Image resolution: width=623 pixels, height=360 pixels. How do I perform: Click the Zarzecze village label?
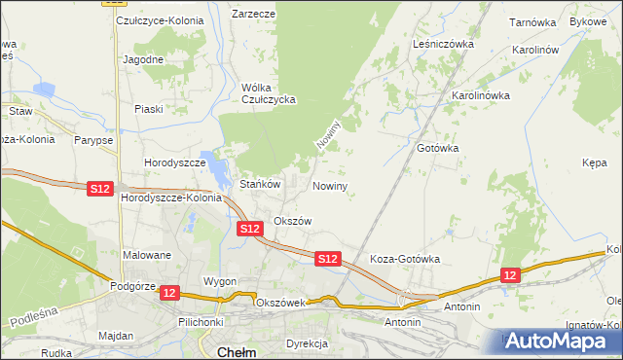pos(253,15)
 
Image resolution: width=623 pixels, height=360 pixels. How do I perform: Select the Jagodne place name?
pos(142,58)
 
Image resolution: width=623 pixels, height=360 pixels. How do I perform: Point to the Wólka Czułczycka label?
pos(269,92)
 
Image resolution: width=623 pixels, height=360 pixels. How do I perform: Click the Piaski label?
pos(148,108)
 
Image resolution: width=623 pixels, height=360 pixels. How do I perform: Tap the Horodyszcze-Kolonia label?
pos(171,198)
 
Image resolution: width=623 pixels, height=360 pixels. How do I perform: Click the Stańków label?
pos(260,183)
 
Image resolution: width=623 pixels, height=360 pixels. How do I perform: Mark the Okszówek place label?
pos(280,303)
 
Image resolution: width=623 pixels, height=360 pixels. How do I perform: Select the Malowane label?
pos(147,255)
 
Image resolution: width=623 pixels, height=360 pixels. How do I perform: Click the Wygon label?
pos(220,281)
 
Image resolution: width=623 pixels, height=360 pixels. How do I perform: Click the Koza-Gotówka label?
pos(405,260)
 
